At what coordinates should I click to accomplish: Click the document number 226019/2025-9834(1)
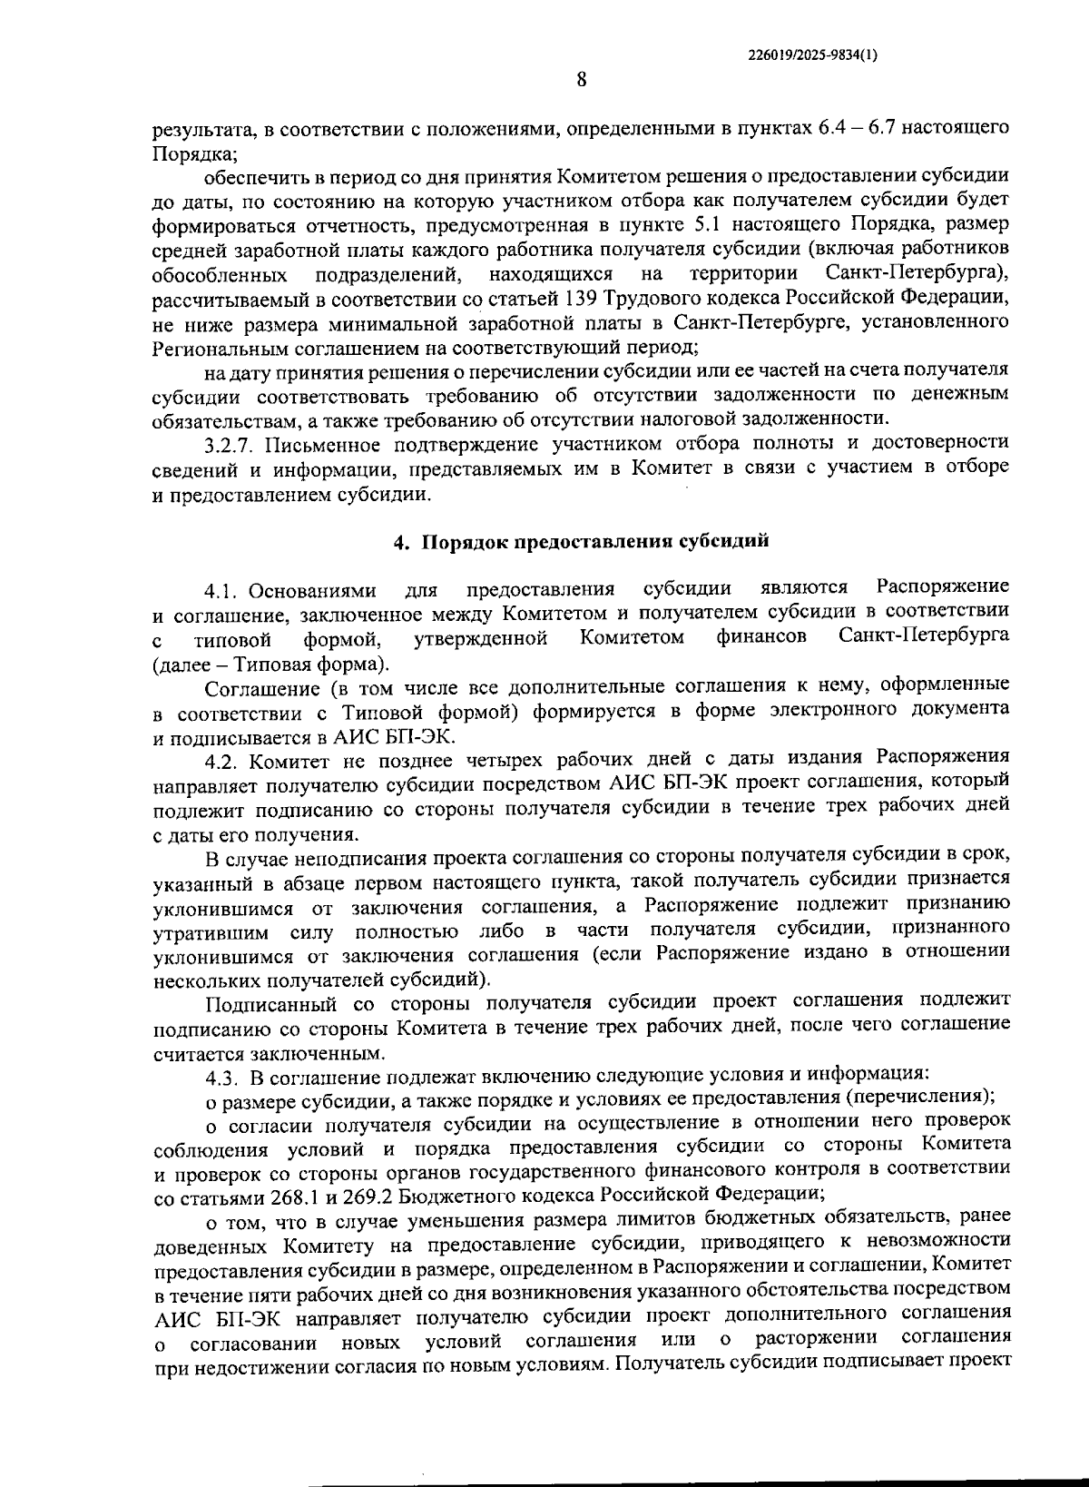pos(812,54)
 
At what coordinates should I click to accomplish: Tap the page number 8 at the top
pos(581,80)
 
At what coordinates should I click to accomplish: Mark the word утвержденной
pos(482,638)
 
